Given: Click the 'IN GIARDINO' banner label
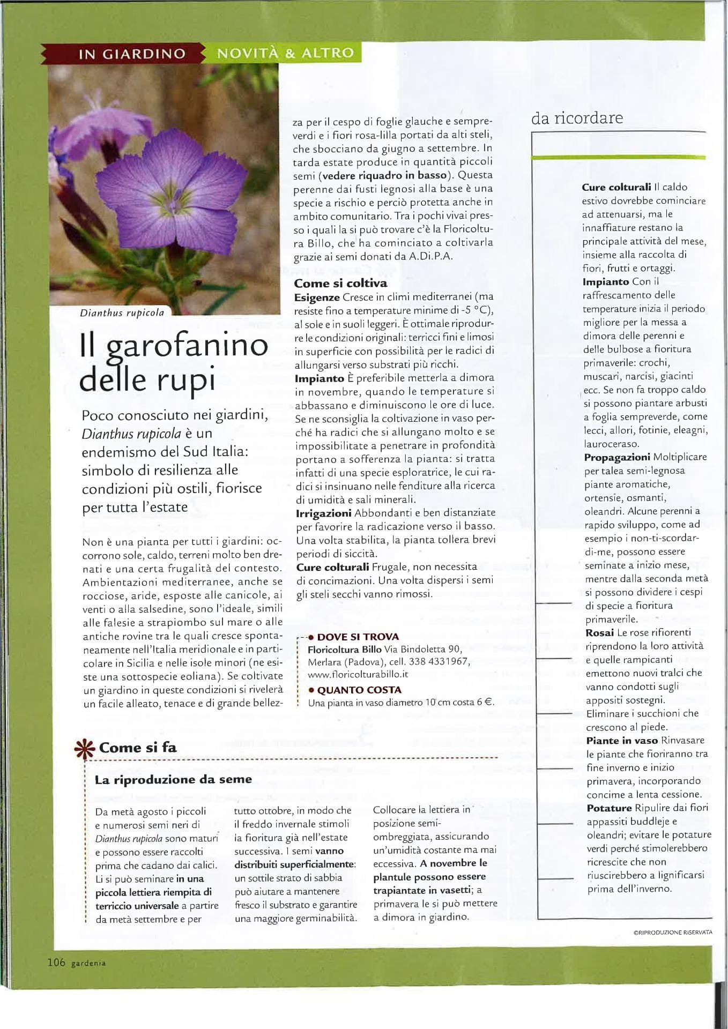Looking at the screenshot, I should coord(132,54).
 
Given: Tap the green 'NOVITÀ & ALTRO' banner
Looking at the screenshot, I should coord(285,53).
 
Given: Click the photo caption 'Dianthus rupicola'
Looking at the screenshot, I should coord(122,313).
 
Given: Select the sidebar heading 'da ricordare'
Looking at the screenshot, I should coord(577,118).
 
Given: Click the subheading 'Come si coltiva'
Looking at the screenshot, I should coord(340,283).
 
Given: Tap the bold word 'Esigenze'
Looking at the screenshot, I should coord(317,297).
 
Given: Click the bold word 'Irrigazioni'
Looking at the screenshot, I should coord(323,513).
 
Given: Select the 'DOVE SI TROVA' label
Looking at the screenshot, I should coord(358,637).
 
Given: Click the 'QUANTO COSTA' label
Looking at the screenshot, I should coord(359,690).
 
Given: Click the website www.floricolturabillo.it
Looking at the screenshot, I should coord(358,674).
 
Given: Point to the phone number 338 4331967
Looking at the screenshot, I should coord(439,661).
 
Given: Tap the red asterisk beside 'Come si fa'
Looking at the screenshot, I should coord(85,749).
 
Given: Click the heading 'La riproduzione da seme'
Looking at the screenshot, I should coord(173,779).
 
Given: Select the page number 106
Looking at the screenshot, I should coord(56,963).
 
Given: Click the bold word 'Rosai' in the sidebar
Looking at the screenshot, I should coord(599,632).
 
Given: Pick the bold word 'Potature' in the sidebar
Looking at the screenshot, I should coord(609,808).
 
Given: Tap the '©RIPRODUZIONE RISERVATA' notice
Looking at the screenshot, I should coord(673,932).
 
